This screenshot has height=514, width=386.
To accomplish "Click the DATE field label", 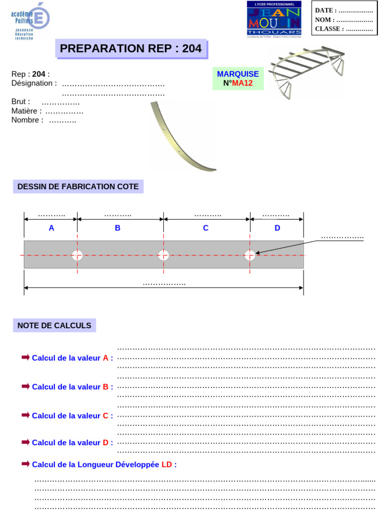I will [326, 10].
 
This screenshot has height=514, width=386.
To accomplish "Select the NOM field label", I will [325, 20].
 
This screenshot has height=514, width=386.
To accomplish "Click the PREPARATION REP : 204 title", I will [131, 49].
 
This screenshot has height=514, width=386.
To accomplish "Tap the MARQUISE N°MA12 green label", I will [238, 78].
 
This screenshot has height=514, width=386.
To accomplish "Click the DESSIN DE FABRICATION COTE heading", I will [78, 187].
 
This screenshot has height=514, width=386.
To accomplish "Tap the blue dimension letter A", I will [51, 228].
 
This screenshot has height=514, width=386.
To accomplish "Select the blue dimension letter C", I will [206, 228].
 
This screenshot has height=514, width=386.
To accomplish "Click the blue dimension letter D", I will [277, 228].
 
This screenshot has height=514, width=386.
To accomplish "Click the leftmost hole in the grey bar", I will [77, 255].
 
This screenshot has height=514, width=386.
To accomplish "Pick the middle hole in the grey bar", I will [163, 255].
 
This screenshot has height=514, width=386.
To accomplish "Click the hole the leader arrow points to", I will [250, 255].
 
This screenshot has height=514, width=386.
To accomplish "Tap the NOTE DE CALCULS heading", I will [54, 325].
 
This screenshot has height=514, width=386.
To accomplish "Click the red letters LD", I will [167, 465].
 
